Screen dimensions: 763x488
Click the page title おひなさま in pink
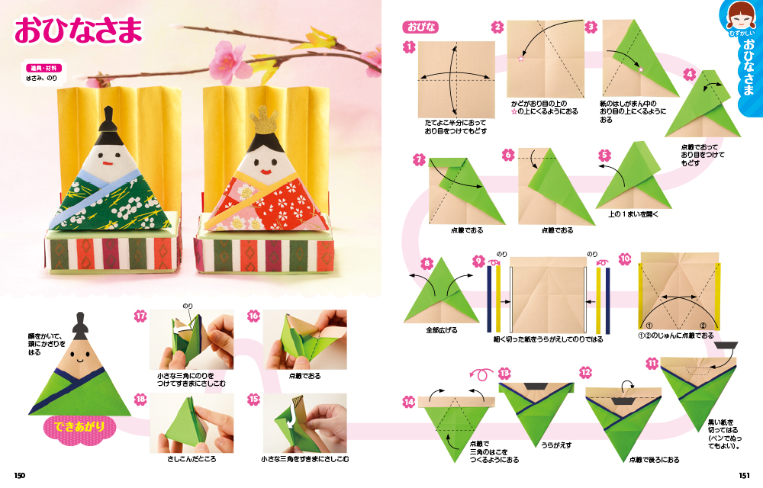(79, 30)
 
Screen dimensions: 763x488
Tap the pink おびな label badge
(421, 27)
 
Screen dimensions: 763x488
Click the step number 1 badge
(409, 47)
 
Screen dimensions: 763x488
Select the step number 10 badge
(626, 259)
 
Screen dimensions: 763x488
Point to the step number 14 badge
(409, 402)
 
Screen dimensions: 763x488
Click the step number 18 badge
(140, 400)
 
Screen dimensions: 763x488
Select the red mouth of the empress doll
(266, 172)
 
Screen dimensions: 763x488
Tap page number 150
(20, 475)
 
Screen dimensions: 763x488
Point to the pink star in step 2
(522, 59)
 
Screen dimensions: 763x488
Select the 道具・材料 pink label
(43, 68)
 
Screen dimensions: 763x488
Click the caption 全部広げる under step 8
(441, 330)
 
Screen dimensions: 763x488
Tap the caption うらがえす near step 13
(556, 445)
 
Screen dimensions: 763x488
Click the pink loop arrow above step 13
(481, 374)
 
